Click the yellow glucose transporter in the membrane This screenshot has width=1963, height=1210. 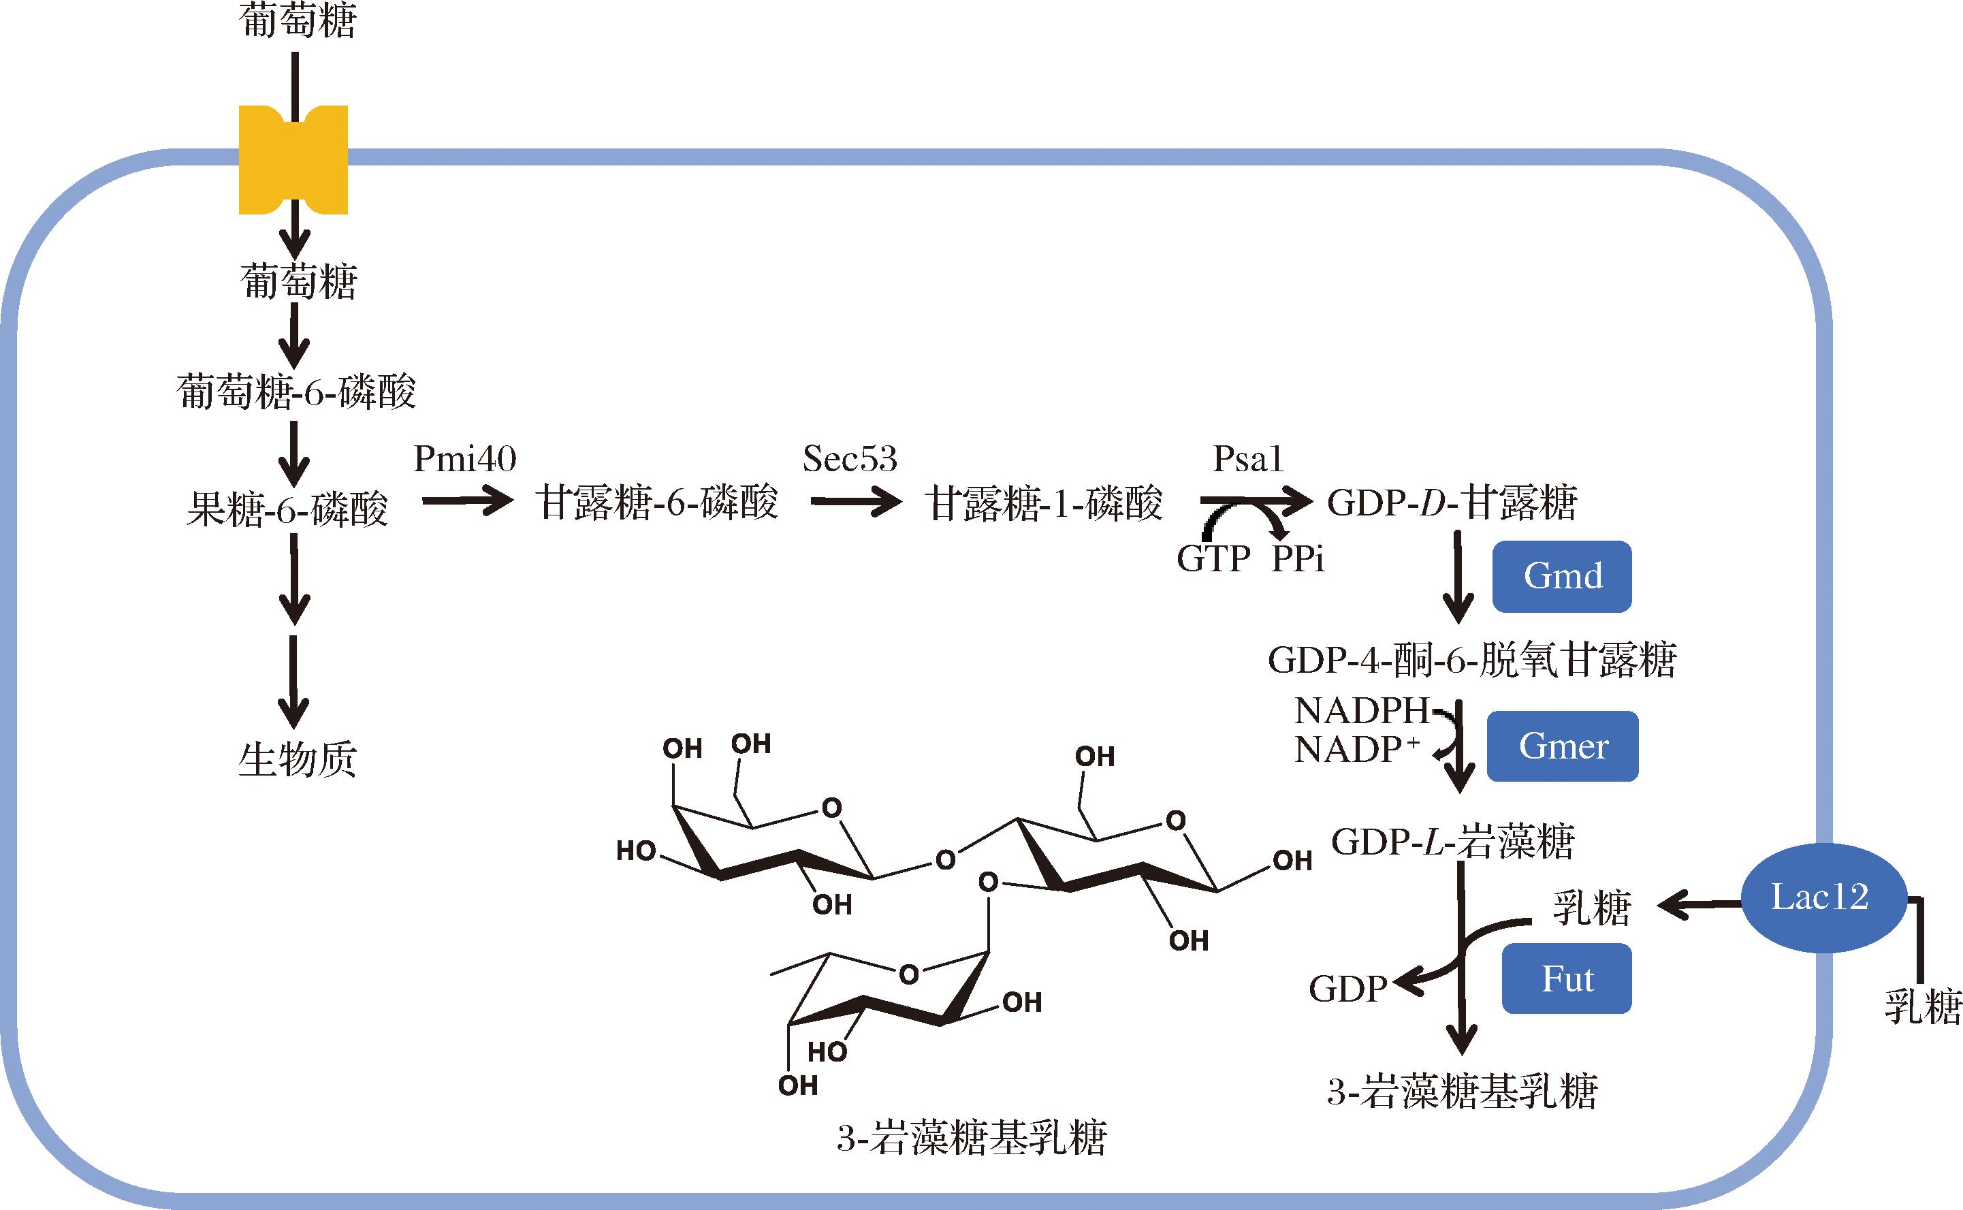click(293, 160)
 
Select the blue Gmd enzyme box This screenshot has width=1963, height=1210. click(1561, 576)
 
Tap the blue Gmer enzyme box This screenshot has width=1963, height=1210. click(1562, 746)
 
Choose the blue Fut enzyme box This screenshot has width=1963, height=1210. click(1566, 978)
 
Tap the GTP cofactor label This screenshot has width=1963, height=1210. click(1213, 558)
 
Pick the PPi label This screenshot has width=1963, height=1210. click(1297, 558)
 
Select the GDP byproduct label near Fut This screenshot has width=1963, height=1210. click(1347, 989)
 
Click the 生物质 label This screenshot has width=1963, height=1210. click(297, 759)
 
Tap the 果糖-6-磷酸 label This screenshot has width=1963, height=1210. click(287, 509)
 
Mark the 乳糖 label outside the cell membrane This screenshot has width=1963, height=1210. click(1922, 1006)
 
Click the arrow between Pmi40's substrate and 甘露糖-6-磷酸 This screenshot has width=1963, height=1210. click(466, 502)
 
